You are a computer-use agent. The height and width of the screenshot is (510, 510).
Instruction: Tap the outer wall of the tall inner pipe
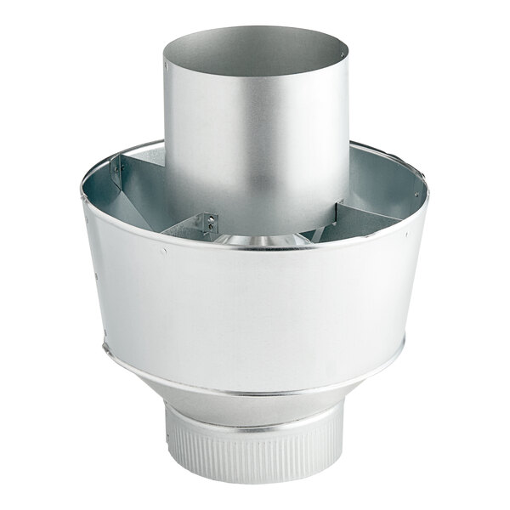click(255, 144)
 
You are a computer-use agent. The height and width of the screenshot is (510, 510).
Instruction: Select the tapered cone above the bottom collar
click(255, 408)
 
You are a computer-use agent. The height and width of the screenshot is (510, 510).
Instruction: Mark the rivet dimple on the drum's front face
click(163, 251)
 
